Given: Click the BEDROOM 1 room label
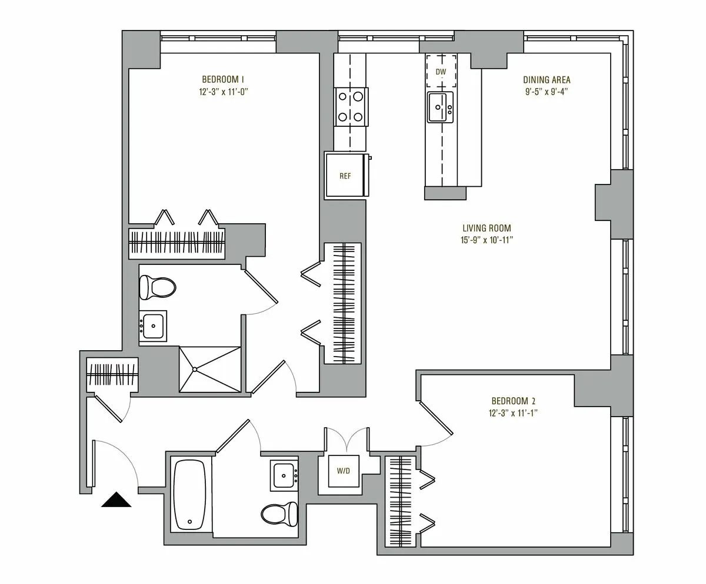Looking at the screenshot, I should click(x=222, y=79).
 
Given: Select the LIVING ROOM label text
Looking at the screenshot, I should click(x=486, y=229).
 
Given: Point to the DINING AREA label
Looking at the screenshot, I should click(x=547, y=80).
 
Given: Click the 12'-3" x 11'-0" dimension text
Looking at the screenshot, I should click(x=222, y=92).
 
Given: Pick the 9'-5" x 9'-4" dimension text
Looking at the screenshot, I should click(x=547, y=92).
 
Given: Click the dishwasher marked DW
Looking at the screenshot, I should click(x=441, y=72).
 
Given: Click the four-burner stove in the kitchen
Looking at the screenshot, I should click(x=351, y=106).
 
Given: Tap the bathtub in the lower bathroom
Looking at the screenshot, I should click(x=189, y=494).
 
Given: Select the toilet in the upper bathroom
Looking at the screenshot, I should click(x=158, y=288).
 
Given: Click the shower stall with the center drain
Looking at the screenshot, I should click(x=209, y=369).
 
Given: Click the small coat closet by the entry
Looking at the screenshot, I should click(x=112, y=373).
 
